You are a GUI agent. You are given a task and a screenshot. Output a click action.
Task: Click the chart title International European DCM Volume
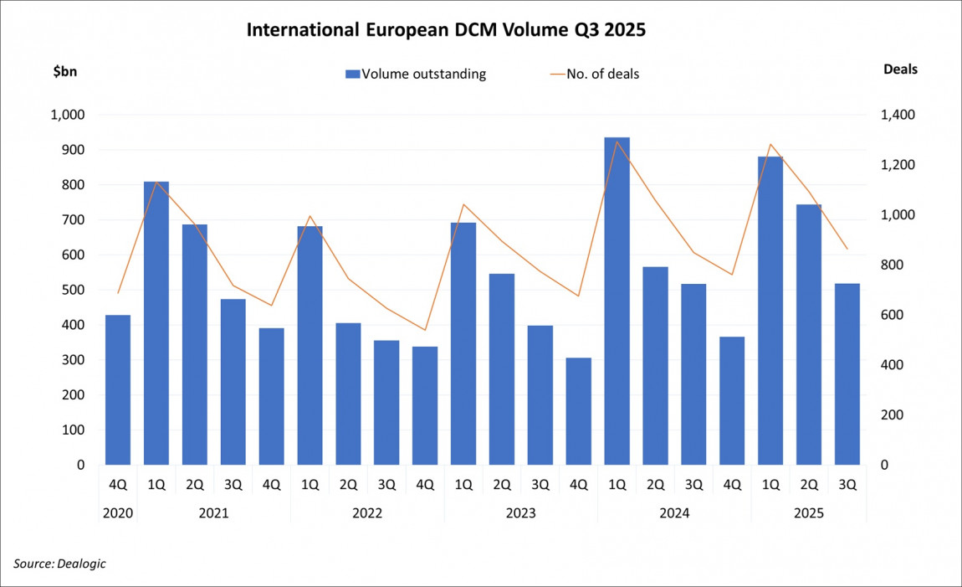[446, 31]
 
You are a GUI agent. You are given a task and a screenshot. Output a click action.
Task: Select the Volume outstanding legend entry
[416, 74]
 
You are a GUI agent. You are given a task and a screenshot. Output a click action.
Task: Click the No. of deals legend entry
[594, 74]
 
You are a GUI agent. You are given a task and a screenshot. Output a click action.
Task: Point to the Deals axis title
[900, 70]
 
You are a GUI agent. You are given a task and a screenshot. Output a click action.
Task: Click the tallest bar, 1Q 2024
[617, 301]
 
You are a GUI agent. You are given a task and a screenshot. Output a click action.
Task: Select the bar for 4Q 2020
[118, 390]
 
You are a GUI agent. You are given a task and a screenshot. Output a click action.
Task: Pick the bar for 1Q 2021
[156, 323]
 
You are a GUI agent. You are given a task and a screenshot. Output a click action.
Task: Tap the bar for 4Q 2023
[578, 411]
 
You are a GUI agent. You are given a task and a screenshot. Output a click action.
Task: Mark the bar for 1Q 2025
[770, 311]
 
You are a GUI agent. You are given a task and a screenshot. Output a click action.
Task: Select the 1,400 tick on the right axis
[895, 116]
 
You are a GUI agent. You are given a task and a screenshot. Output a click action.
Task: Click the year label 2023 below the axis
[520, 512]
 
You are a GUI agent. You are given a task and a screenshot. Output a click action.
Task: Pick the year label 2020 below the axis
[118, 512]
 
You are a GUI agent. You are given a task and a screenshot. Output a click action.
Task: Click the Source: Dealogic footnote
[59, 564]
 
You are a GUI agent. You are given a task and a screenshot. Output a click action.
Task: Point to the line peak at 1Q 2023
[463, 204]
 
